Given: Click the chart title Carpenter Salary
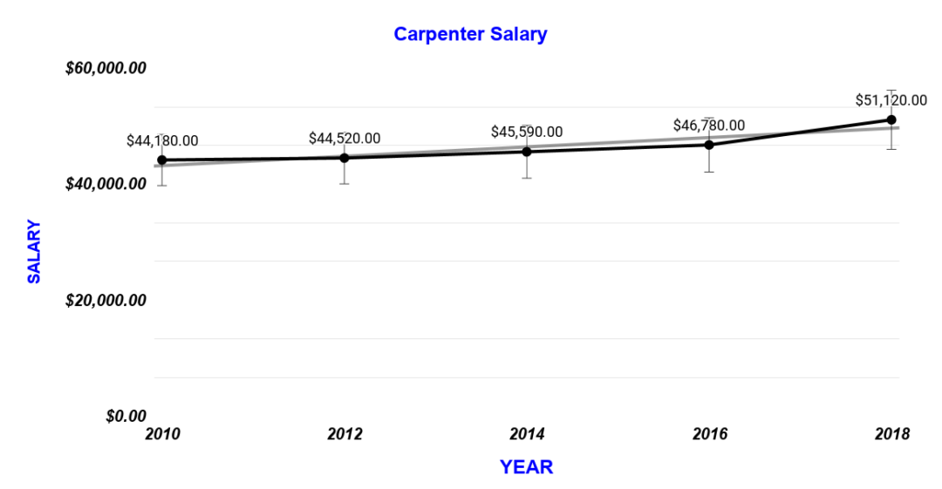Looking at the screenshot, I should pos(470,34).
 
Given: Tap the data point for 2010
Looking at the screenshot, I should pos(162,160).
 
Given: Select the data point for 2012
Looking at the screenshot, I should pos(345,158).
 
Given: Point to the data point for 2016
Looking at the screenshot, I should pos(709,145).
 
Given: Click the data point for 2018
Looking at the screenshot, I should pos(891,119).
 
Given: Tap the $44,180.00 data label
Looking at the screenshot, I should pos(162,140).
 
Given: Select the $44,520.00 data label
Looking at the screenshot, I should pos(345,139).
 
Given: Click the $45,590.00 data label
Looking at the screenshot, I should pos(527,132).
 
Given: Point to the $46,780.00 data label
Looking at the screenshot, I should pos(709,126).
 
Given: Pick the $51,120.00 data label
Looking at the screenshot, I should pos(891,100).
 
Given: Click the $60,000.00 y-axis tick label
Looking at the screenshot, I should pos(106,68).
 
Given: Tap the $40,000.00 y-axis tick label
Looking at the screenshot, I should pos(106,184).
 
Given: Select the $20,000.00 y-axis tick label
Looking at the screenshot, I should pos(106,300).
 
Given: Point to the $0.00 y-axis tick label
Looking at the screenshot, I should pos(125,416).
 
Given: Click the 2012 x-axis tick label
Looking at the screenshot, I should pos(345,434).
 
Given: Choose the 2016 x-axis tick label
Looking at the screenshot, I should pos(709,434).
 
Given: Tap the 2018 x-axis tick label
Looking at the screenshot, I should pos(891,434).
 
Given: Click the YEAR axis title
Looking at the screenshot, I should pos(526,467).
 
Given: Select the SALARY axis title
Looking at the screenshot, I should pos(34,252).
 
